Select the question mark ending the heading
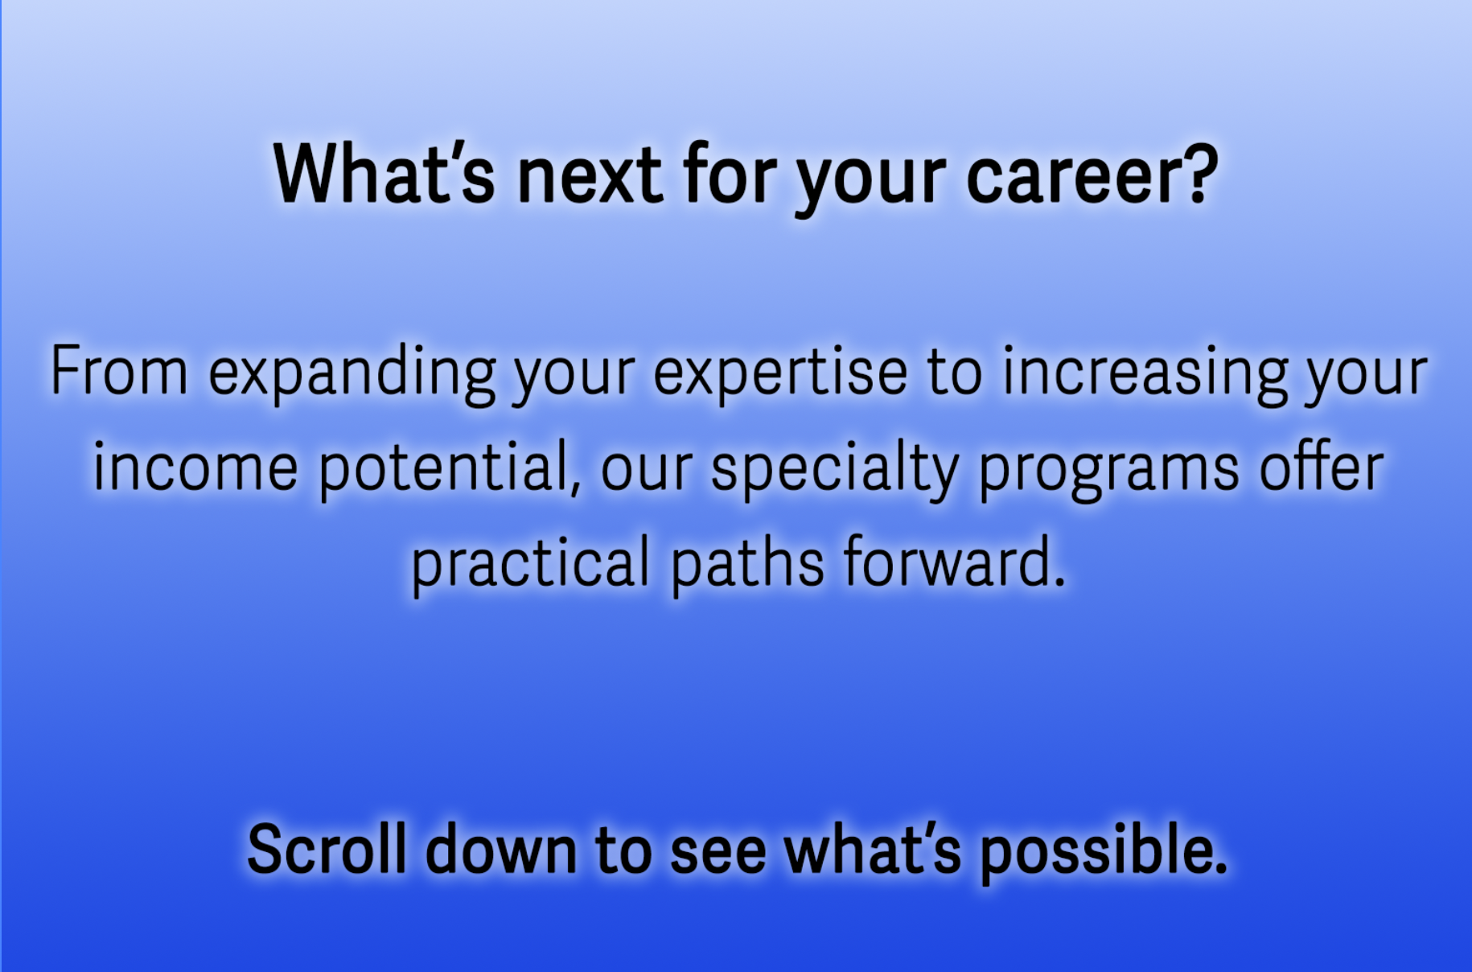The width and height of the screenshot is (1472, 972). (x=1199, y=172)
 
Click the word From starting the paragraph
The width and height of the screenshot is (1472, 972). (x=119, y=371)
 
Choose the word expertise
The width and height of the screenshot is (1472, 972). (x=780, y=375)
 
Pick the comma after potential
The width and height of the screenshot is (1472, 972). (x=575, y=486)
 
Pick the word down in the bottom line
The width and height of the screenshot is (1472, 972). (x=501, y=849)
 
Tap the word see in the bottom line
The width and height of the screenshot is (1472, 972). (x=717, y=855)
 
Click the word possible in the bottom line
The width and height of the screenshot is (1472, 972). (x=1103, y=853)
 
